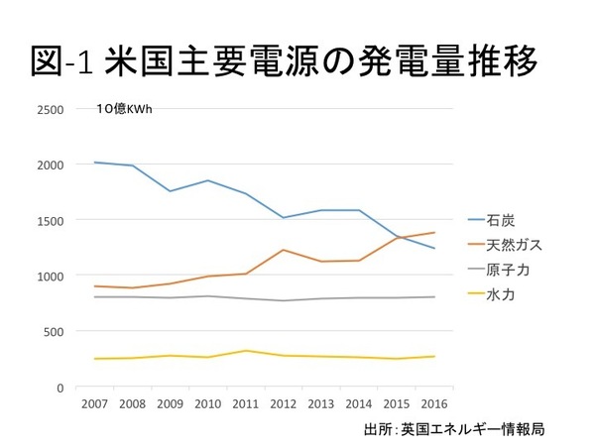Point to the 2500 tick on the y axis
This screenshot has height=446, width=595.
click(50, 109)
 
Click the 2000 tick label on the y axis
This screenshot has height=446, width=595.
click(50, 165)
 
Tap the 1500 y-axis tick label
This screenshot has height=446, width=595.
click(50, 220)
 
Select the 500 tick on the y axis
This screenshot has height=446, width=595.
click(53, 331)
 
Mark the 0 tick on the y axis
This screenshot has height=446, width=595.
click(60, 387)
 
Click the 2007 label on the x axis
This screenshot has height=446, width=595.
click(94, 403)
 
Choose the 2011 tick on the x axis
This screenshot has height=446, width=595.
click(246, 403)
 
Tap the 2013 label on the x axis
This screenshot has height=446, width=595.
click(321, 403)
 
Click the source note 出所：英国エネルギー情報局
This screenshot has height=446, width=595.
click(455, 429)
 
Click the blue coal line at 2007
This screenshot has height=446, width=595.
click(94, 163)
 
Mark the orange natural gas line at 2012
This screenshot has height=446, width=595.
click(284, 250)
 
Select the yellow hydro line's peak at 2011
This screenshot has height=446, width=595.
click(246, 351)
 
